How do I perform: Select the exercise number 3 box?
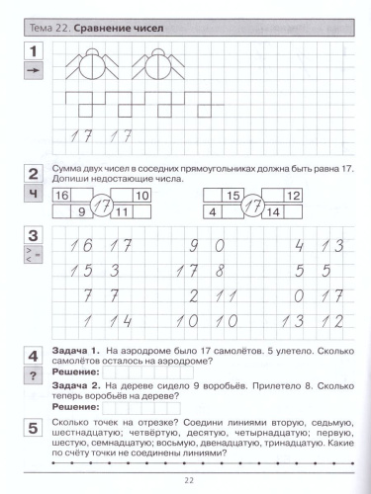tap(33, 237)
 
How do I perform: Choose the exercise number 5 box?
tap(33, 423)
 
